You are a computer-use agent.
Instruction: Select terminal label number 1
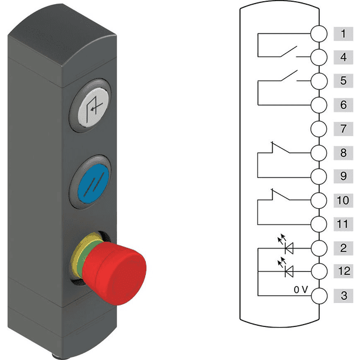[343, 34]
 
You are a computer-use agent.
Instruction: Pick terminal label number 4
[343, 58]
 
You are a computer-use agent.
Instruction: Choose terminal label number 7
[343, 129]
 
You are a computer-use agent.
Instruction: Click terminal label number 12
[343, 271]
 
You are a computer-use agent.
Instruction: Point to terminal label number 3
[343, 295]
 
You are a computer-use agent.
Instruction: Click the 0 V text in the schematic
[301, 289]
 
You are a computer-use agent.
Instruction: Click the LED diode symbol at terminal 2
[290, 247]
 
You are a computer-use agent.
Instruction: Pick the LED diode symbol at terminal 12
[290, 271]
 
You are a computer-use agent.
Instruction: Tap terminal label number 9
[343, 176]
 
